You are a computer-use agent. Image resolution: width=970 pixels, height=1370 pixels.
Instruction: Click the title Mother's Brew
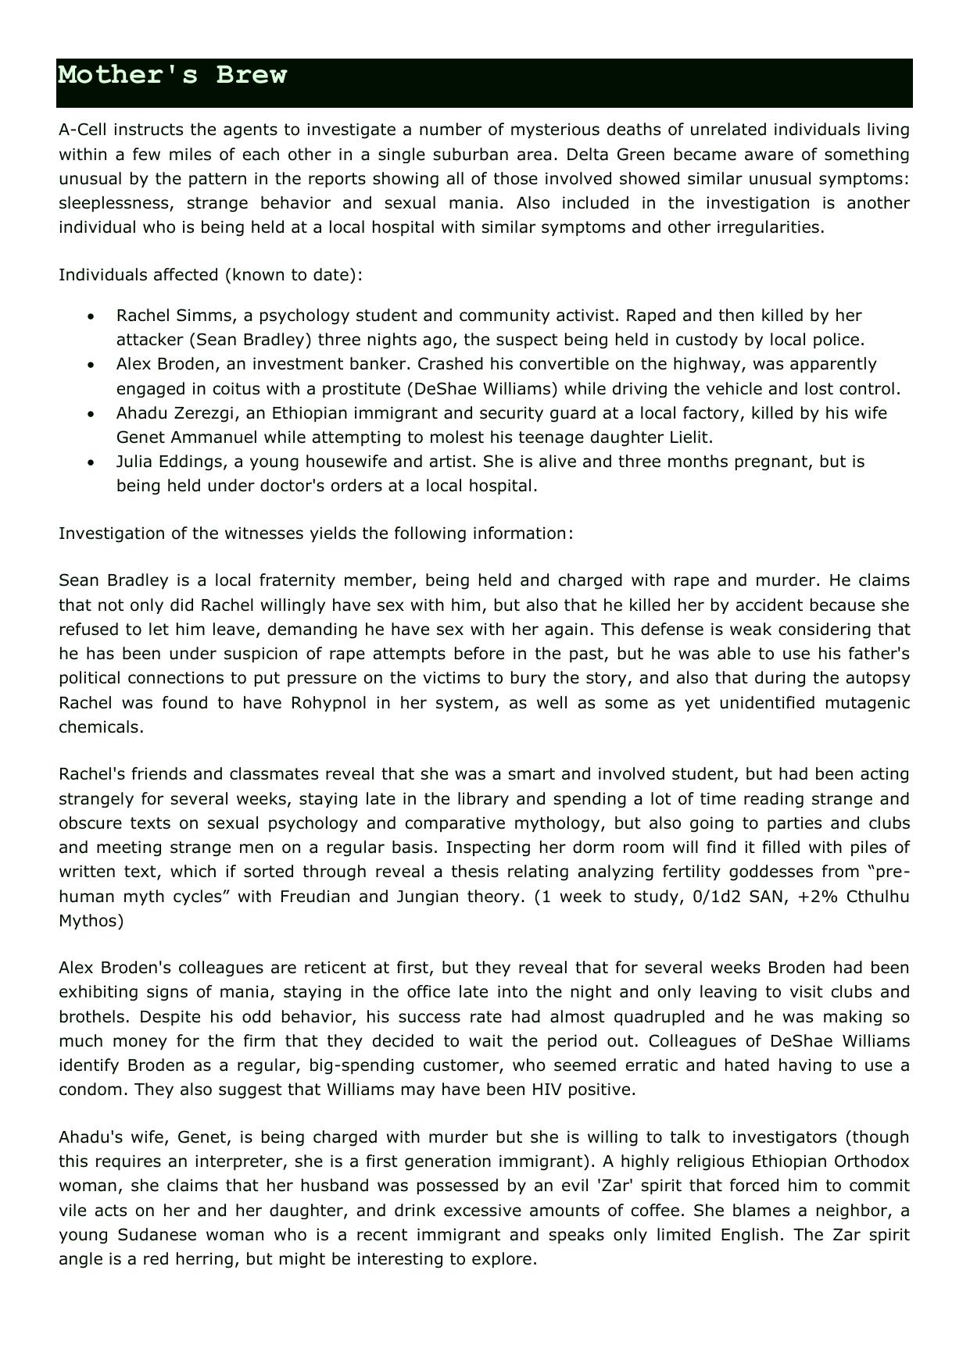(173, 75)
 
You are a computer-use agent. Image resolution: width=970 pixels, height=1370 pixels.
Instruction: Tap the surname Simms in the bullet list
(207, 316)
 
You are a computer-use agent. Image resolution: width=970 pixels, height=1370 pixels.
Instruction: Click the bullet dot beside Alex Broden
(92, 365)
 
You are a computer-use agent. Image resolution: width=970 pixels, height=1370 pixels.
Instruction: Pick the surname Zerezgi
(205, 412)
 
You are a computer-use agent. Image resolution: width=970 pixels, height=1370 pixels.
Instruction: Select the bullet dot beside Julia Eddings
(92, 462)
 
